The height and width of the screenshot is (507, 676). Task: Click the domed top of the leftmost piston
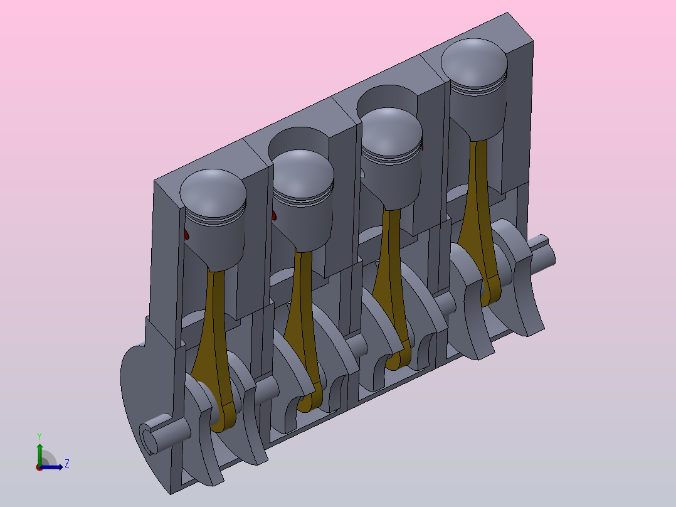[213, 192]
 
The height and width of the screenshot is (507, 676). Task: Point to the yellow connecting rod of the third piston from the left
[391, 289]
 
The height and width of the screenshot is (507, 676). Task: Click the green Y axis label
[40, 437]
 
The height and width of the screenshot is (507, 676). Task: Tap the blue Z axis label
[67, 464]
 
